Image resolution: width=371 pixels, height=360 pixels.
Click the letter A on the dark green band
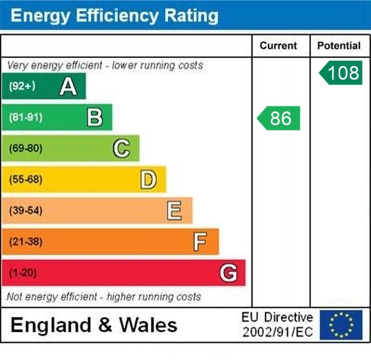coord(68,86)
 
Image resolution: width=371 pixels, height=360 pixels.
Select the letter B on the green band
coord(95,117)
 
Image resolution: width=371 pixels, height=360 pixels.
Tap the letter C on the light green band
coord(121,148)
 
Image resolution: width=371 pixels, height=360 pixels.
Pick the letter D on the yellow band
coord(148,180)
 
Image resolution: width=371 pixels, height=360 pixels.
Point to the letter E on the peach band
coord(174,211)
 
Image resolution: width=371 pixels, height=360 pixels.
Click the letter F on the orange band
coord(200,242)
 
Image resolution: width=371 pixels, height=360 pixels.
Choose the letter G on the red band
coord(228,273)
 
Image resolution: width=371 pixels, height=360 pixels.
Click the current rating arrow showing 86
coord(279,118)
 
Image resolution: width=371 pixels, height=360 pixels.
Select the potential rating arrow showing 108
coord(341,73)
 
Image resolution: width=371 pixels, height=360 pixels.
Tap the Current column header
coord(278,46)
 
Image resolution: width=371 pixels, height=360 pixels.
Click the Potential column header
coord(339,46)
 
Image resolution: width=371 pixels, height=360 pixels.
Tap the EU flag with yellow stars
coord(341,325)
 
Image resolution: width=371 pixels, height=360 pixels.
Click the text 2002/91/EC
coord(278,332)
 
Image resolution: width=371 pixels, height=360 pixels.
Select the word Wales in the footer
coord(148,325)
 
